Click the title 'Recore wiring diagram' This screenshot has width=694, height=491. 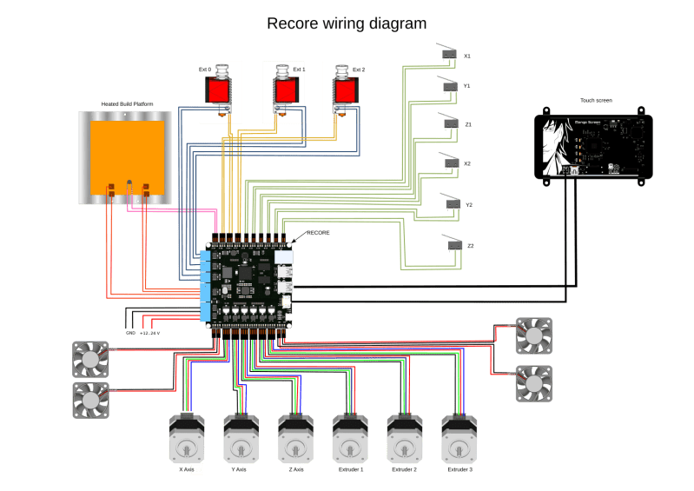click(x=347, y=23)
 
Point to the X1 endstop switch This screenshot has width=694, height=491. click(x=449, y=56)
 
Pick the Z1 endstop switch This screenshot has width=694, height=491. click(x=449, y=125)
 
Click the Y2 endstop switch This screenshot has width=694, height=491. click(x=450, y=203)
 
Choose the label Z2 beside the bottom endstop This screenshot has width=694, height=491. click(x=470, y=246)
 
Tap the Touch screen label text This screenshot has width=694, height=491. click(x=595, y=100)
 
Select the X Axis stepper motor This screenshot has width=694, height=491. click(x=185, y=439)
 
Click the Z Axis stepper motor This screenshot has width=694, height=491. click(x=294, y=439)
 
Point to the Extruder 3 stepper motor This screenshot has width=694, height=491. click(x=459, y=439)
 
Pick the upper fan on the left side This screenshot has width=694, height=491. click(x=89, y=357)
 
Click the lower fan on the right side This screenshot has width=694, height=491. click(x=532, y=382)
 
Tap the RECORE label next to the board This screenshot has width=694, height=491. click(x=317, y=233)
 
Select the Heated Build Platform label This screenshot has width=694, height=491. click(x=128, y=103)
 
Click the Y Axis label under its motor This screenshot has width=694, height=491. click(x=241, y=469)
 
